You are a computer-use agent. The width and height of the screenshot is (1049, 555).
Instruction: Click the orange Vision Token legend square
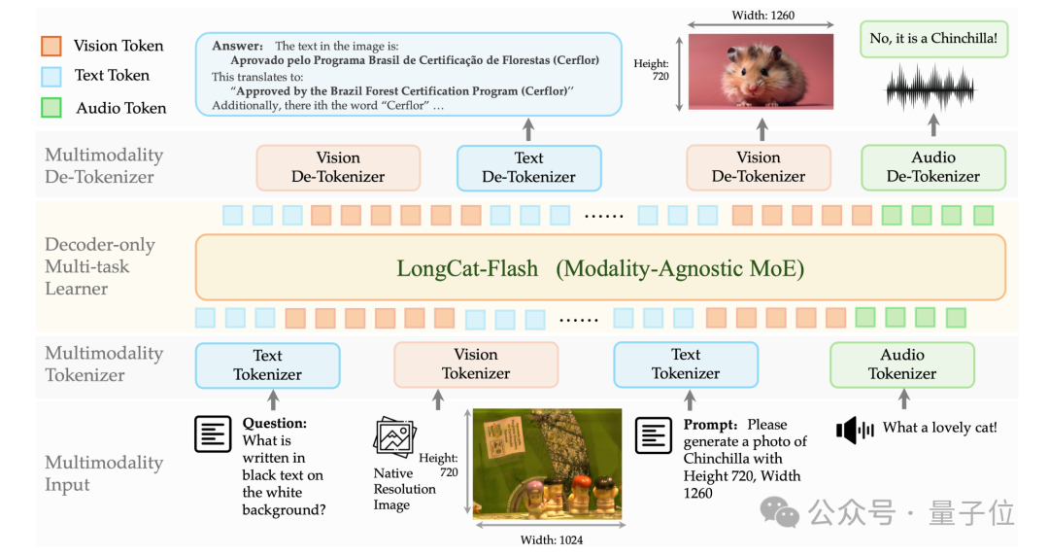click(51, 46)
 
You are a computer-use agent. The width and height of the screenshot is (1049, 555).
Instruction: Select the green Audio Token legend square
click(51, 107)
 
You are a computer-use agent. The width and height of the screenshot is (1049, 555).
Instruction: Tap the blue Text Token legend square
click(51, 77)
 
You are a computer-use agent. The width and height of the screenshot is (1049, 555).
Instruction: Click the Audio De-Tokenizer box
click(933, 167)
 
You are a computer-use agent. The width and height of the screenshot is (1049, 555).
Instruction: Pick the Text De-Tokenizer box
click(528, 168)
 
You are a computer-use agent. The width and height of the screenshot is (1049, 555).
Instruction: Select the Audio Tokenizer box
click(901, 364)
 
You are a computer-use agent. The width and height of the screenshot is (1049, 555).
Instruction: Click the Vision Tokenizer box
click(476, 364)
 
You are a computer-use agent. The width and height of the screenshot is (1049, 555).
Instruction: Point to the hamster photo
click(761, 72)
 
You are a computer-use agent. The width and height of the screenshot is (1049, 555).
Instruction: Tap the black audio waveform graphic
click(931, 88)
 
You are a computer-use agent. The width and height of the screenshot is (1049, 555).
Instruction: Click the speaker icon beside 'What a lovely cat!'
click(855, 430)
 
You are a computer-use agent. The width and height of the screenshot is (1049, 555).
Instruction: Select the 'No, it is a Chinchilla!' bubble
click(933, 39)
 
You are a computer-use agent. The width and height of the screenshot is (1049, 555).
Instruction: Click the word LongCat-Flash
click(467, 268)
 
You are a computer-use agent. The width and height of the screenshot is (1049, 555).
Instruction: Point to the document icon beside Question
click(213, 434)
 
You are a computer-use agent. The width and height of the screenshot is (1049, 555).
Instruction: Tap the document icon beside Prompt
click(653, 435)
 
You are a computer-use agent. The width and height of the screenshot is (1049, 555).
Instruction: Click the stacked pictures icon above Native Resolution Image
click(394, 436)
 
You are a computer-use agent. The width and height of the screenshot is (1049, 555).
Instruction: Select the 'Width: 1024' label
click(552, 540)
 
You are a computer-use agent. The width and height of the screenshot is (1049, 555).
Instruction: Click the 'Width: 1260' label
click(762, 16)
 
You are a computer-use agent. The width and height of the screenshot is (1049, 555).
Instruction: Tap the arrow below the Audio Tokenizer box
click(904, 399)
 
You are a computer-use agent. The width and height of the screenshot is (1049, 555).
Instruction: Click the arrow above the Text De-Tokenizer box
click(528, 130)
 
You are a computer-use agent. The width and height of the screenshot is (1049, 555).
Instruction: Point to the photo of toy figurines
click(547, 464)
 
